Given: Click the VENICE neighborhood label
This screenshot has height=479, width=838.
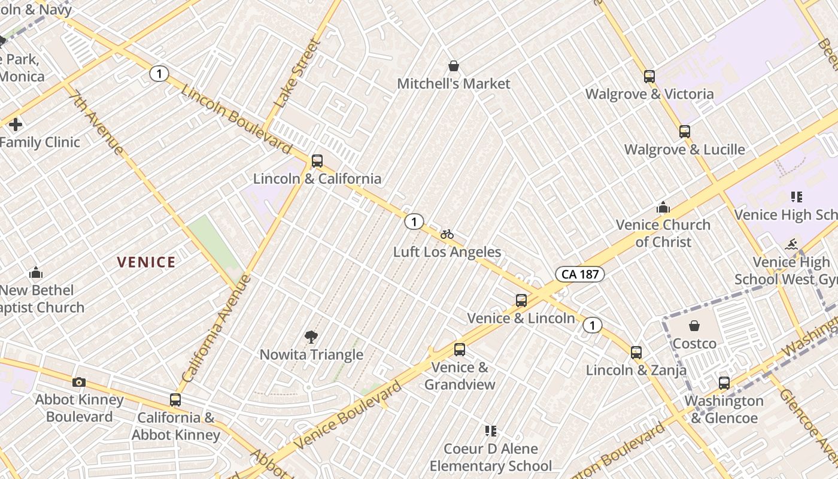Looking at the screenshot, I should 146,262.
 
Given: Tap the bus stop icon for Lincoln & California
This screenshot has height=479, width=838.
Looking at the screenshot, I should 317,160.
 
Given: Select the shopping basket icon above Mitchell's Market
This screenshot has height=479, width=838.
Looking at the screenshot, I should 454,65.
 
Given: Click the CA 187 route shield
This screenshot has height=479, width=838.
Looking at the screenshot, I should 580,274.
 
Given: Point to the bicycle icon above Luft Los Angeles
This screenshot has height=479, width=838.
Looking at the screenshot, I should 447,234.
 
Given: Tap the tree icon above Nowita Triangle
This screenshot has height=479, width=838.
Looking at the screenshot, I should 311,336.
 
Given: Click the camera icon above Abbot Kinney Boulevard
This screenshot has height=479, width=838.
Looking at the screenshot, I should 78,382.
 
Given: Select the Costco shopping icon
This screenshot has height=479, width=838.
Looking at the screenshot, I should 694,326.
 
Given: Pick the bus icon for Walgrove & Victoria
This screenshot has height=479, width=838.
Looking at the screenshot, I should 649,76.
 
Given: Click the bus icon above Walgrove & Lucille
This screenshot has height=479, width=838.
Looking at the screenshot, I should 685,131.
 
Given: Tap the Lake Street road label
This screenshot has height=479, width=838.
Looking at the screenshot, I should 297,73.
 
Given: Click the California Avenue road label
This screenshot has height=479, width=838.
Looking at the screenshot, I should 216,329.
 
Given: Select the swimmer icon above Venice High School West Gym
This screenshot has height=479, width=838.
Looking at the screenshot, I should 792,244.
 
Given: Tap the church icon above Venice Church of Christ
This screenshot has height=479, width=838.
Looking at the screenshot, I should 663,207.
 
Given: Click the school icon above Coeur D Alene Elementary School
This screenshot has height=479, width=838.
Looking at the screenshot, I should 491,431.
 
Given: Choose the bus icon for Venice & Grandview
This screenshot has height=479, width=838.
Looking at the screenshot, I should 460,349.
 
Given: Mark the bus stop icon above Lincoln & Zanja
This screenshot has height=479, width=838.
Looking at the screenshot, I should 636,352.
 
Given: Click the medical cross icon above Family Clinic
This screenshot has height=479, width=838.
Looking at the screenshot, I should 16,125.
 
